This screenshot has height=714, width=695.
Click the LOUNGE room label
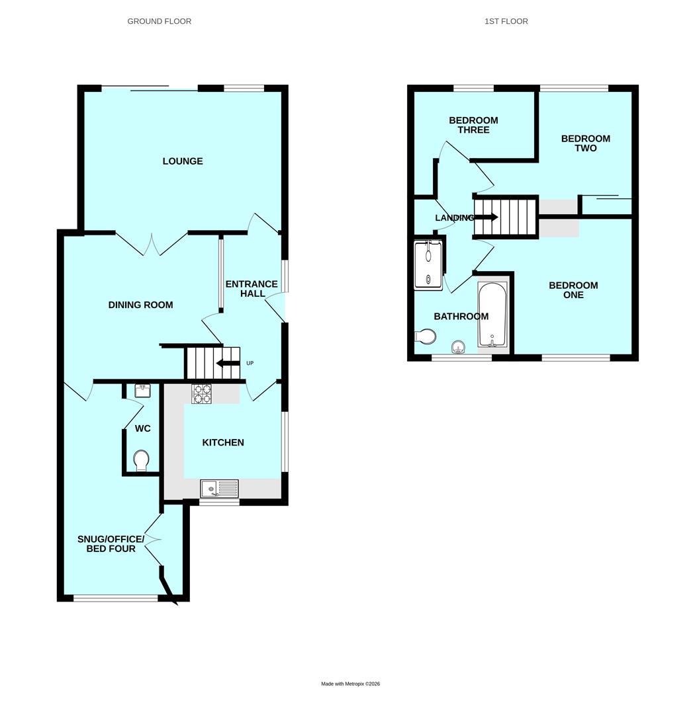[x=183, y=161]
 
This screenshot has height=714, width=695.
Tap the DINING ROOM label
[x=140, y=305]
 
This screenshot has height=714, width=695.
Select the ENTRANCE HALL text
[x=252, y=289]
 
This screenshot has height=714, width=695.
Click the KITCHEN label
[x=223, y=442]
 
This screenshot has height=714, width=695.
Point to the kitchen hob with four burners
[x=201, y=394]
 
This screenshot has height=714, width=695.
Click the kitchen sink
[x=219, y=489]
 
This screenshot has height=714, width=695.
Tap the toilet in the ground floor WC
[x=141, y=459]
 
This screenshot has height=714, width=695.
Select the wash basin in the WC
[x=142, y=391]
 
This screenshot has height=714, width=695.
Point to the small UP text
[x=250, y=363]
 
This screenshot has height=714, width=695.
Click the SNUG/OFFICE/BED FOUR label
[x=111, y=544]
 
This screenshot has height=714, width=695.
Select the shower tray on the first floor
[x=428, y=265]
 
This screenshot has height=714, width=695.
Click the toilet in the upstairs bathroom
[x=426, y=337]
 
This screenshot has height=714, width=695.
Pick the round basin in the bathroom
[x=458, y=347]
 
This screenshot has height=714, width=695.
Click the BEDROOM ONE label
[x=573, y=290]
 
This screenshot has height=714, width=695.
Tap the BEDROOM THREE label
[x=473, y=125]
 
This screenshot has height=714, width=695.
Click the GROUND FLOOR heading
[x=160, y=21]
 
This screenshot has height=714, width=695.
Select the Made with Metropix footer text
[x=350, y=684]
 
